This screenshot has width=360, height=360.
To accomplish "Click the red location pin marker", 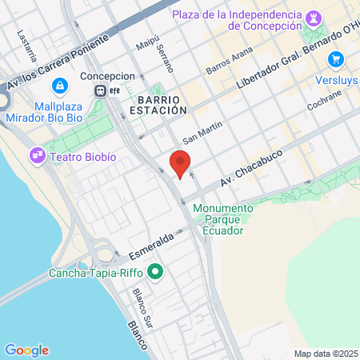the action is coord(181,163).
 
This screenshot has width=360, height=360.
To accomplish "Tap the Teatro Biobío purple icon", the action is coord(37,154).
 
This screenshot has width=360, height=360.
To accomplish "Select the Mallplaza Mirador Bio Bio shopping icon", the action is coord(58,86).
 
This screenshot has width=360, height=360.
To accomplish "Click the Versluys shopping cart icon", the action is coord(335,58).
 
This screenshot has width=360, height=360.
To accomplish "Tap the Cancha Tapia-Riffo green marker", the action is coord(156,274).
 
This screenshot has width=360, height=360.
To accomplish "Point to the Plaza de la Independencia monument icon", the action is coord(312,15).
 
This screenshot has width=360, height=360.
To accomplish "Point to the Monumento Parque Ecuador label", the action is coord(223,214).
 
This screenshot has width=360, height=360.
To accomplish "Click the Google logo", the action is coord(26,350).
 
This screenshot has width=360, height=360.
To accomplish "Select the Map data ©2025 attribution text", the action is coord(324,354).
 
